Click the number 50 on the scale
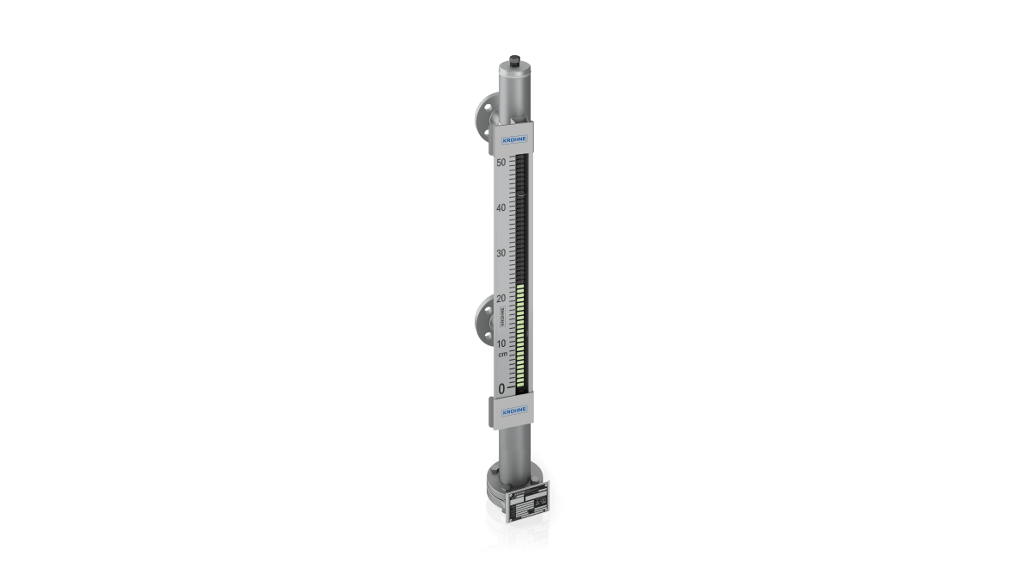point(501,162)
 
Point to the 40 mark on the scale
point(501,207)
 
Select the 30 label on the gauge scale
point(501,253)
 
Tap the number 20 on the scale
point(501,298)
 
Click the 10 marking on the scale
point(501,343)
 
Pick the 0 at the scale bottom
point(502,389)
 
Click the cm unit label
point(502,354)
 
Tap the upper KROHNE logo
point(514,138)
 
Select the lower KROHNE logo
point(514,411)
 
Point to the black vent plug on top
point(514,61)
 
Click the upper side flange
point(482,117)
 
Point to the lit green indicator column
point(520,336)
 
